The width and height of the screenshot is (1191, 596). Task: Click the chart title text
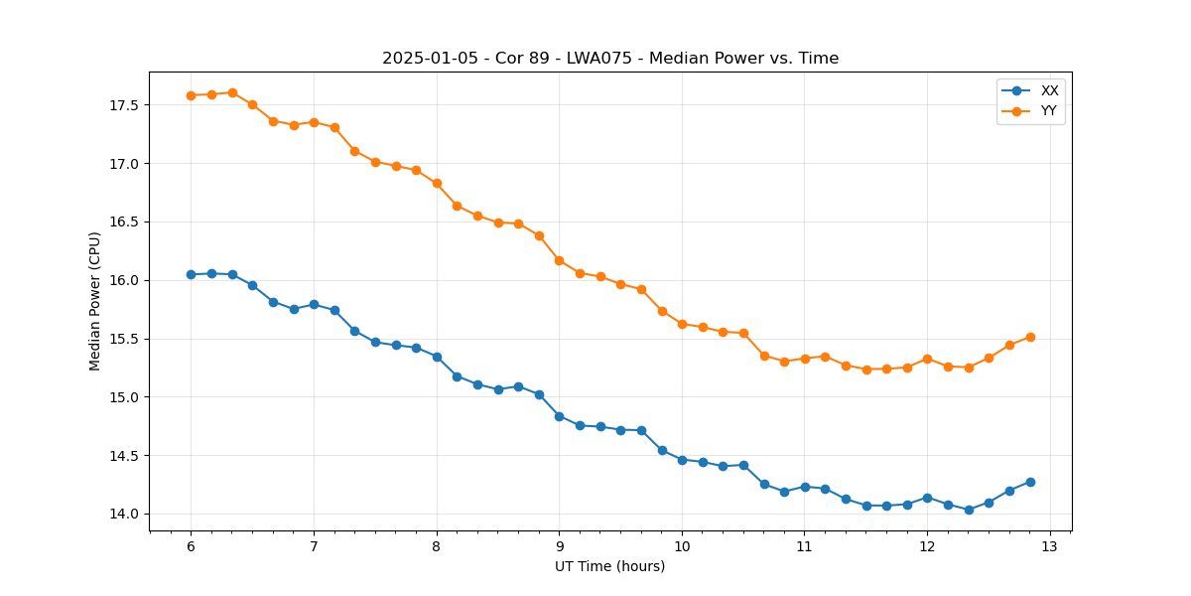click(x=610, y=59)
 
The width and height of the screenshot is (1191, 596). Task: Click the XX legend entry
click(x=1049, y=90)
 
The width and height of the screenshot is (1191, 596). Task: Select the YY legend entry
click(x=1049, y=111)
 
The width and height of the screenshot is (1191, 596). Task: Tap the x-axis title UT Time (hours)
click(x=609, y=566)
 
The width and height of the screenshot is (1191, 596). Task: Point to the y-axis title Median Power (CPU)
click(x=95, y=301)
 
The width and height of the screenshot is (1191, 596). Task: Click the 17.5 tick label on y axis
click(x=122, y=105)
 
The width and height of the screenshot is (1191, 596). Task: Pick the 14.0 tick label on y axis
click(x=122, y=515)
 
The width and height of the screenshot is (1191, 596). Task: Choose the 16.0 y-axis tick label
click(x=122, y=280)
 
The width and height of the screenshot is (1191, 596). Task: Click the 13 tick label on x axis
click(x=1050, y=546)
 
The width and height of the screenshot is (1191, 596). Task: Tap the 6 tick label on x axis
click(x=191, y=546)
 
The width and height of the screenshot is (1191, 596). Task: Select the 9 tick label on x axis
click(x=559, y=546)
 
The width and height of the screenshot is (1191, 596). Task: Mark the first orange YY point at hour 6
click(x=191, y=95)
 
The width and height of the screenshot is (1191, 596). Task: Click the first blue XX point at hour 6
click(x=191, y=274)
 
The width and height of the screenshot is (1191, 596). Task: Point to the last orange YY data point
click(x=1030, y=337)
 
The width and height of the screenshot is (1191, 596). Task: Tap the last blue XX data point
click(x=1030, y=482)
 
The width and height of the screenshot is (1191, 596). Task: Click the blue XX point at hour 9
click(x=559, y=416)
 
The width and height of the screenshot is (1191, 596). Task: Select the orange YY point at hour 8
click(x=437, y=183)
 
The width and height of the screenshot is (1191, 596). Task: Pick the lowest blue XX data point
click(x=969, y=510)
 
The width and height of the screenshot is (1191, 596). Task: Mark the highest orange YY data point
click(x=232, y=92)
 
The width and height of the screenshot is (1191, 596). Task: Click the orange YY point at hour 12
click(x=927, y=359)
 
